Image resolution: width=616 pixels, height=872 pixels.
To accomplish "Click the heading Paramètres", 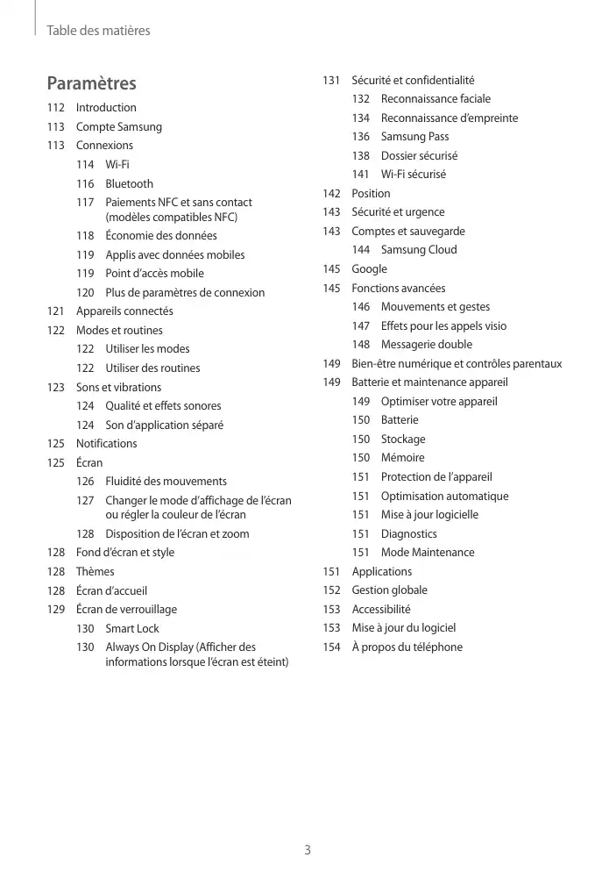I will point(91,83).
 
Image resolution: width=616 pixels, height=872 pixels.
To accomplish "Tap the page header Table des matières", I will point(98,31).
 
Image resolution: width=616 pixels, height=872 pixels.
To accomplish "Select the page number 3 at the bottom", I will point(308,849).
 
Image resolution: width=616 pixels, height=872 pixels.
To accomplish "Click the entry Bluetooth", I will point(129,183).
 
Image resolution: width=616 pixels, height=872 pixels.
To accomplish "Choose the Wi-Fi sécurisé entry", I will point(413,174).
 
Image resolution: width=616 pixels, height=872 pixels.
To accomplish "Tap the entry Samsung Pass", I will point(414,136).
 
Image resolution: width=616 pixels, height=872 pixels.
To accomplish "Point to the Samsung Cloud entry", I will point(419,249).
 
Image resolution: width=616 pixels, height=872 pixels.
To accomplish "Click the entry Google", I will point(369,268).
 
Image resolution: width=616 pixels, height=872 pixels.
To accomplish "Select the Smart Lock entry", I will point(132,628).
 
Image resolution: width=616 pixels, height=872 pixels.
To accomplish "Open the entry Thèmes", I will point(95,571).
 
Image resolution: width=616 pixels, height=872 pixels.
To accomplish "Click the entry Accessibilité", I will point(380,609).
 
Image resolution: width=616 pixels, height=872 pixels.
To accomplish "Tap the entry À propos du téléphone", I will point(407,647).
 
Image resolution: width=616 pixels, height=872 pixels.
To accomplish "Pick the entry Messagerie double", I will point(426,344).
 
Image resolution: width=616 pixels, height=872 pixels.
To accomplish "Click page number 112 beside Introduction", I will point(56,107).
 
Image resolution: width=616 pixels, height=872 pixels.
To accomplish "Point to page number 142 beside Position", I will point(331,193).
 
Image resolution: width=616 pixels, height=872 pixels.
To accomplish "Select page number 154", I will point(331,647).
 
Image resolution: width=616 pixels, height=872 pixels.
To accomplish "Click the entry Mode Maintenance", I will point(428,552).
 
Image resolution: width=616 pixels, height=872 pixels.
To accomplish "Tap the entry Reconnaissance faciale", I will point(435,98).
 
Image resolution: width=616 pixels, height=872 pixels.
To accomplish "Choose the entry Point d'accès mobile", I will point(154,273).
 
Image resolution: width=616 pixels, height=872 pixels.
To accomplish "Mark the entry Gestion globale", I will point(389,590).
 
